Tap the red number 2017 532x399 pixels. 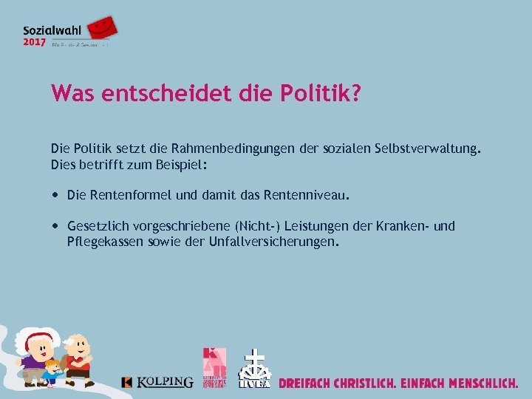[x=34, y=43]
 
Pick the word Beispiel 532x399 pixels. [x=181, y=166]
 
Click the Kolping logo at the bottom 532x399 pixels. [x=157, y=382]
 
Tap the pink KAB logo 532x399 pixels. [x=215, y=367]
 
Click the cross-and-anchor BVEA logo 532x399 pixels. [x=254, y=369]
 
